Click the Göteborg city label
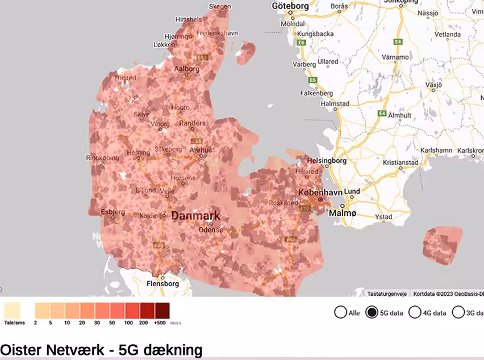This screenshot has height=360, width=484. click(x=290, y=6)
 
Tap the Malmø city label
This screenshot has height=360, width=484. click(x=341, y=213)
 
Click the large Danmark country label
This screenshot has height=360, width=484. click(x=195, y=216)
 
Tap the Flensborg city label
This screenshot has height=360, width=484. click(x=162, y=283)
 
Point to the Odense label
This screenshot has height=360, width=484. click(x=211, y=230)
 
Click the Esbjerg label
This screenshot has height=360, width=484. click(x=112, y=212)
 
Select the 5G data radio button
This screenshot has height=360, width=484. click(x=372, y=312)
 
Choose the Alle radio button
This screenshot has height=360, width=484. click(x=341, y=312)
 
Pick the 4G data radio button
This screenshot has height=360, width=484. click(x=415, y=312)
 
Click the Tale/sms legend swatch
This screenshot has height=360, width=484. click(x=12, y=311)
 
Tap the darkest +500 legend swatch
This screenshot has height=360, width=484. click(x=162, y=311)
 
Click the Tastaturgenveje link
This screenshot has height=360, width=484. click(x=386, y=294)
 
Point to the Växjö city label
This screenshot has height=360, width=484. click(x=433, y=86)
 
